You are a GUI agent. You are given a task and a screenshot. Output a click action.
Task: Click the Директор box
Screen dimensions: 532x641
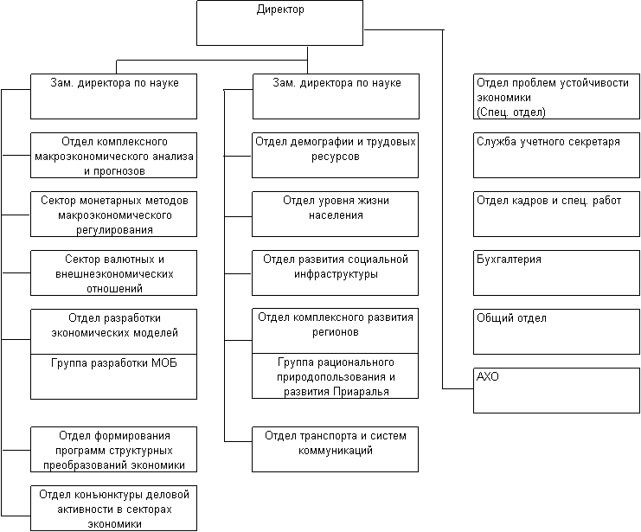pos(279,22)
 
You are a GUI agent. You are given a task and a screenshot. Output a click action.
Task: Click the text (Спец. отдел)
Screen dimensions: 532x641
pos(510,112)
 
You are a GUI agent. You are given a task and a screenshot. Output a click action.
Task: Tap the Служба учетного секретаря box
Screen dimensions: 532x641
pos(556,155)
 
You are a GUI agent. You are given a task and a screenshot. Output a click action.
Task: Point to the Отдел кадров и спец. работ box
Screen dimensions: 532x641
pos(556,214)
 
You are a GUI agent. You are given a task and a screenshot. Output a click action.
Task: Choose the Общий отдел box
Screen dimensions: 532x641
pos(556,330)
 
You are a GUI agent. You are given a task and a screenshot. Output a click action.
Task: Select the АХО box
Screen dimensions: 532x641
pos(556,389)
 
